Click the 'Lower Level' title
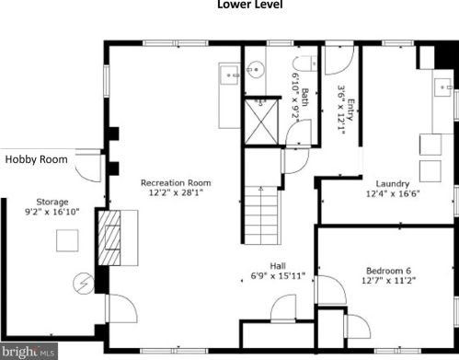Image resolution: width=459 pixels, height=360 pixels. pyautogui.click(x=250, y=5)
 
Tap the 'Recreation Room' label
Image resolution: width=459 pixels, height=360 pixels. pyautogui.click(x=176, y=183)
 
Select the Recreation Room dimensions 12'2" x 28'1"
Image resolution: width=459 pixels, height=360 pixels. pyautogui.click(x=176, y=193)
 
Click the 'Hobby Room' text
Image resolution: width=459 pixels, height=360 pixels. pyautogui.click(x=37, y=159)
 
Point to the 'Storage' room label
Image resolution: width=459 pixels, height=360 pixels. pyautogui.click(x=52, y=202)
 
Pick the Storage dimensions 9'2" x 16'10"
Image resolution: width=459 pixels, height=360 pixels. pyautogui.click(x=52, y=212)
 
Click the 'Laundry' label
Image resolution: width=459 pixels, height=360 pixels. pyautogui.click(x=393, y=184)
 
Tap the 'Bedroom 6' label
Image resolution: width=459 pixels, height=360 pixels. pyautogui.click(x=388, y=271)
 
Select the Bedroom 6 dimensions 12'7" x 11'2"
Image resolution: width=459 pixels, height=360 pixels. pyautogui.click(x=388, y=281)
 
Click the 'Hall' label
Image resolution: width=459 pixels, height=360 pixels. pyautogui.click(x=278, y=266)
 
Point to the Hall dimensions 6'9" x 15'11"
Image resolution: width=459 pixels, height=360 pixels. pyautogui.click(x=278, y=276)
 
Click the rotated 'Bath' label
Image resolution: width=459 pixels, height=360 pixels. pyautogui.click(x=304, y=98)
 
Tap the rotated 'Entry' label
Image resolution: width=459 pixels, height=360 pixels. pyautogui.click(x=351, y=110)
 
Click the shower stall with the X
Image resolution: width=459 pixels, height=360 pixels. pyautogui.click(x=261, y=122)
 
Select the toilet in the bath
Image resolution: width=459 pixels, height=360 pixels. pyautogui.click(x=304, y=64)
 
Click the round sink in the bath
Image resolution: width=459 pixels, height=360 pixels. pyautogui.click(x=256, y=70)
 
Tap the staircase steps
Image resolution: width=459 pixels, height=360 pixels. pyautogui.click(x=262, y=215)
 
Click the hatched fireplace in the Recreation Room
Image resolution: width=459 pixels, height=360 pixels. pyautogui.click(x=109, y=238)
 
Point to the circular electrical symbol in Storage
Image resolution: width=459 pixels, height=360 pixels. pyautogui.click(x=84, y=284)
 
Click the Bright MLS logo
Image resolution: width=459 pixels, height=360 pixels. pyautogui.click(x=29, y=351)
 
